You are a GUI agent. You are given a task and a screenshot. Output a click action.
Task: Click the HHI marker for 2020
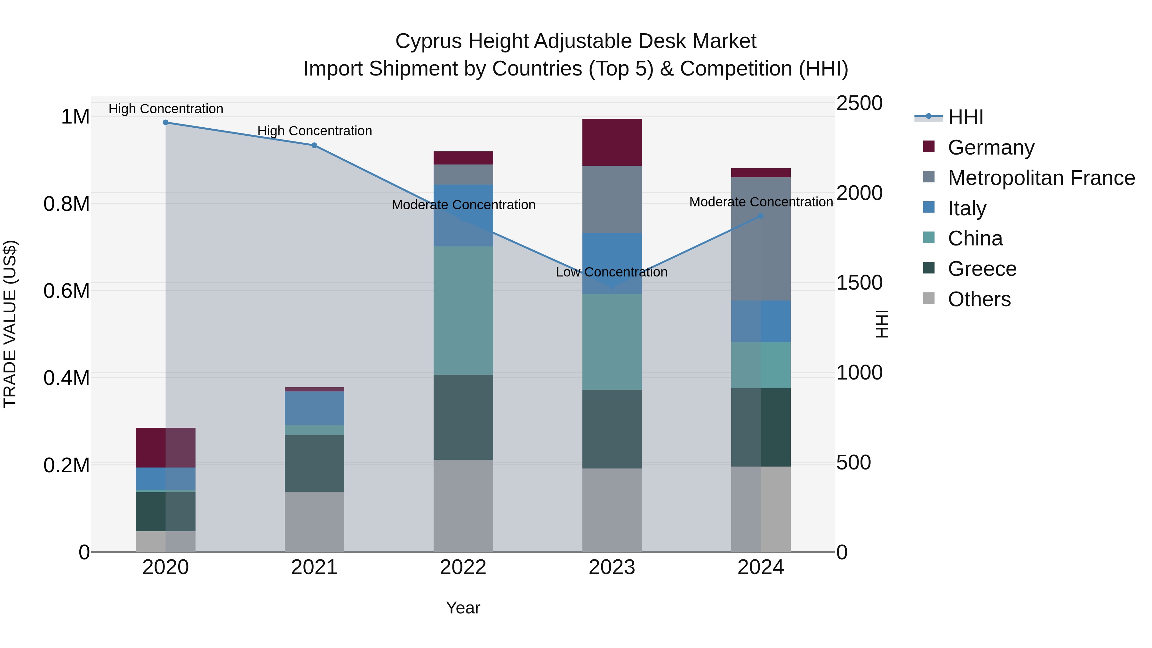[165, 123]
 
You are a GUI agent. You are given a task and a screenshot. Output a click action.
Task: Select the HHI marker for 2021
[314, 145]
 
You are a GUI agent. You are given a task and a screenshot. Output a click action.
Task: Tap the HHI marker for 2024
[761, 216]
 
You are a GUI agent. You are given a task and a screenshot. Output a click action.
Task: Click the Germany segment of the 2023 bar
[612, 142]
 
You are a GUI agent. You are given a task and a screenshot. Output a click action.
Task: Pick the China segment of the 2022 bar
[463, 310]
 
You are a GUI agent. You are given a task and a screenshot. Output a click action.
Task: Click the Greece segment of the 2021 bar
[314, 463]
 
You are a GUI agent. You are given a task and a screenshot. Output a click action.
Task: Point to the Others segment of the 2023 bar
[612, 510]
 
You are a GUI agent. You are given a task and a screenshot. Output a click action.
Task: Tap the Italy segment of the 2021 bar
[314, 408]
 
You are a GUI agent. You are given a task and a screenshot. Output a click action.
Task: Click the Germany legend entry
[990, 148]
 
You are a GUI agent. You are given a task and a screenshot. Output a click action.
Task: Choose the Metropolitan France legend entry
[1041, 178]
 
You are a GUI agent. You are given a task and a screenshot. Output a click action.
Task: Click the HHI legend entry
[965, 117]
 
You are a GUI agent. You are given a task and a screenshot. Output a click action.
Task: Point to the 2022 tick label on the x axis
[463, 567]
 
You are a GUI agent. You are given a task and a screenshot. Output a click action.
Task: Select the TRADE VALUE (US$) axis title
[10, 324]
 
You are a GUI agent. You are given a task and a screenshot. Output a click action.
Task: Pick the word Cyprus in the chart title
[428, 41]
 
